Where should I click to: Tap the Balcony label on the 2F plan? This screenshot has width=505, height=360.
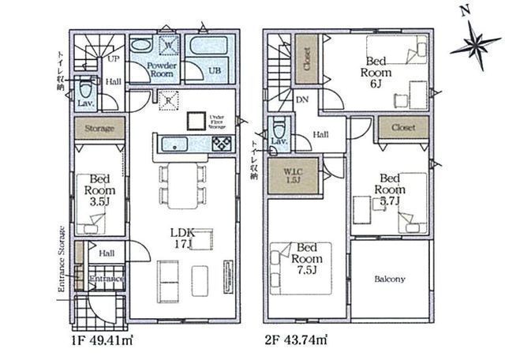[x=390, y=279]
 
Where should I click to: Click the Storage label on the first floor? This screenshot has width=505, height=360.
[x=100, y=128]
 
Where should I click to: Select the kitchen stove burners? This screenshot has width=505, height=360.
[x=220, y=143]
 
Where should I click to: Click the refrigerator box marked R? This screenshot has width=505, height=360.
[x=168, y=99]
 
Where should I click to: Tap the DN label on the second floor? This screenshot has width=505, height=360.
[x=301, y=101]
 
